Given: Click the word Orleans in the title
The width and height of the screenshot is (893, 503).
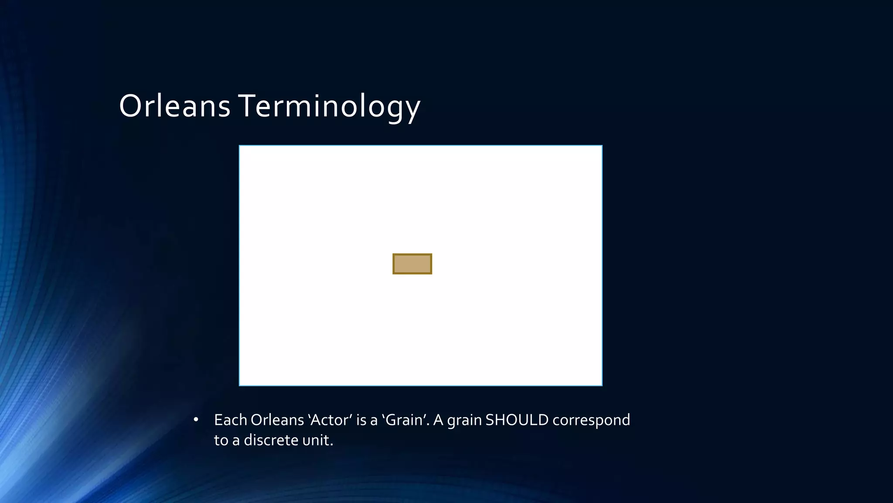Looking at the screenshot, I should click(174, 106).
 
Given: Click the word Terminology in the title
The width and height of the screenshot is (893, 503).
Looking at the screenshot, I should click(329, 106).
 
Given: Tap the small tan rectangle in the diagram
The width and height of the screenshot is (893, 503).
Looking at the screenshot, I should click(412, 264).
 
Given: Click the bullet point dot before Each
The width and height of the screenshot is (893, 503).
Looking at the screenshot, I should click(196, 420).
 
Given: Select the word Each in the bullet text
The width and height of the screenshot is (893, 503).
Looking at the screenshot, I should click(230, 420).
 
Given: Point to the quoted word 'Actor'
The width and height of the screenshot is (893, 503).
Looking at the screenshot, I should click(330, 420).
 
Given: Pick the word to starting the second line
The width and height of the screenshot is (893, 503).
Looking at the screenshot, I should click(221, 440).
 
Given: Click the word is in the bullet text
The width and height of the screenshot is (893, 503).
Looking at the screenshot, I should click(361, 420).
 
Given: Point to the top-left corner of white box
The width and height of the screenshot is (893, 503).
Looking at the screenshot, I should click(240, 146).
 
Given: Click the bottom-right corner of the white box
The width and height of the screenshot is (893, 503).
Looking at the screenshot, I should click(602, 385).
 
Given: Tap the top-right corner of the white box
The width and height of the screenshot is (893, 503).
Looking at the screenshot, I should click(602, 146).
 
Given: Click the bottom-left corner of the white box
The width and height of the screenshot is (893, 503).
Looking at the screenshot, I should click(240, 385).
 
